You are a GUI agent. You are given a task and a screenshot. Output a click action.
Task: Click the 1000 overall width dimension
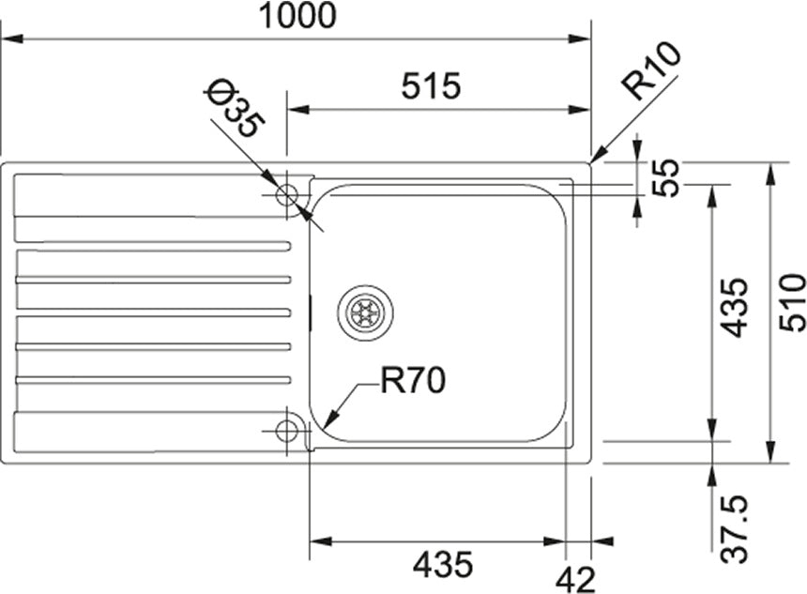(x=297, y=15)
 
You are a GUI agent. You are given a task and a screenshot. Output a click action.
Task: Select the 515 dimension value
(x=431, y=85)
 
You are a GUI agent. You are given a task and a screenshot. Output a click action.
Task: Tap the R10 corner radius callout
(x=650, y=70)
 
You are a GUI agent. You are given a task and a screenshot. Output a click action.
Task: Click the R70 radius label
(x=413, y=380)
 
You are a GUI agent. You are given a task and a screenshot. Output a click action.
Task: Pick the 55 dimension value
(x=665, y=177)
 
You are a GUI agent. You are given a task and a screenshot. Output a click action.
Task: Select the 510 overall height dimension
(x=792, y=303)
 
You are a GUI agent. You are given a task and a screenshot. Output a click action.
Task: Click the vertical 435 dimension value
(x=733, y=307)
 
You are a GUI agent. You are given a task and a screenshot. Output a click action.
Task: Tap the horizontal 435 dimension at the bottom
(x=443, y=564)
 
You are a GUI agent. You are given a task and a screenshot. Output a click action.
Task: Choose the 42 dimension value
(x=575, y=580)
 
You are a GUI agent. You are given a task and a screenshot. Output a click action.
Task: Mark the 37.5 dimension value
(x=734, y=528)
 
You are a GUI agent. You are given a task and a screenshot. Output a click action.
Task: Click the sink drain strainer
(x=365, y=312)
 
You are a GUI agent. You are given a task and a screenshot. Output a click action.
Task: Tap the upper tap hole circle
(x=286, y=195)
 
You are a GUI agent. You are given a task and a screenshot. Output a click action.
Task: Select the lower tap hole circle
(x=286, y=431)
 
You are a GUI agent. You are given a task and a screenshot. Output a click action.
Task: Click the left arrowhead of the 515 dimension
(x=297, y=110)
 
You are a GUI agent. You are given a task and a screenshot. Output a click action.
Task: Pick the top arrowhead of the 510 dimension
(x=770, y=174)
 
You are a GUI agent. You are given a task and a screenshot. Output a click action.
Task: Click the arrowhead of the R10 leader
(x=599, y=156)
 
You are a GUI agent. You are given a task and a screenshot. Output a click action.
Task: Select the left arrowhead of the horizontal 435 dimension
(x=320, y=541)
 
